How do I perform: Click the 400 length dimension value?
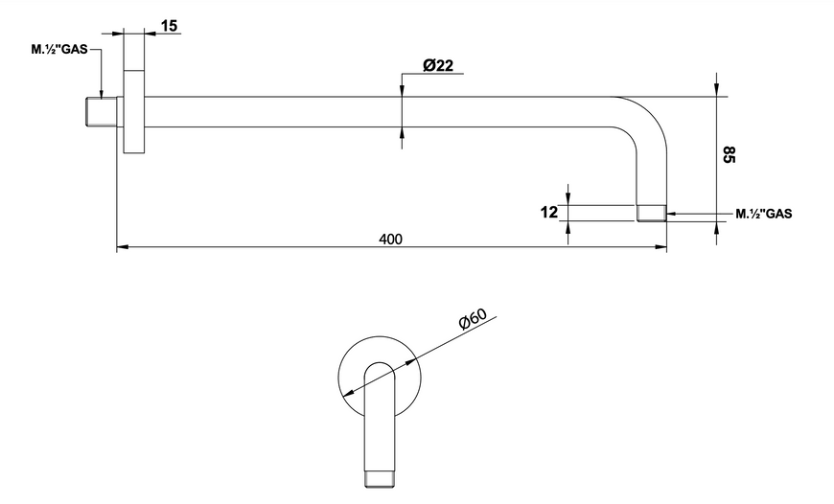(x=390, y=240)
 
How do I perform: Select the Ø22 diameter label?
(x=438, y=65)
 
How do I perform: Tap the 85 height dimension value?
(x=729, y=154)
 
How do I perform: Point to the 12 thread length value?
(x=549, y=212)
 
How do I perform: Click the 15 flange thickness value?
(x=169, y=26)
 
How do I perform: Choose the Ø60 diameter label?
(x=473, y=319)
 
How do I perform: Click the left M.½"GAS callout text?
(x=59, y=50)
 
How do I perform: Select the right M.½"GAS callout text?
(x=764, y=214)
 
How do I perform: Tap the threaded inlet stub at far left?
(x=102, y=112)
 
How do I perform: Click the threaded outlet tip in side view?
(x=652, y=213)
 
